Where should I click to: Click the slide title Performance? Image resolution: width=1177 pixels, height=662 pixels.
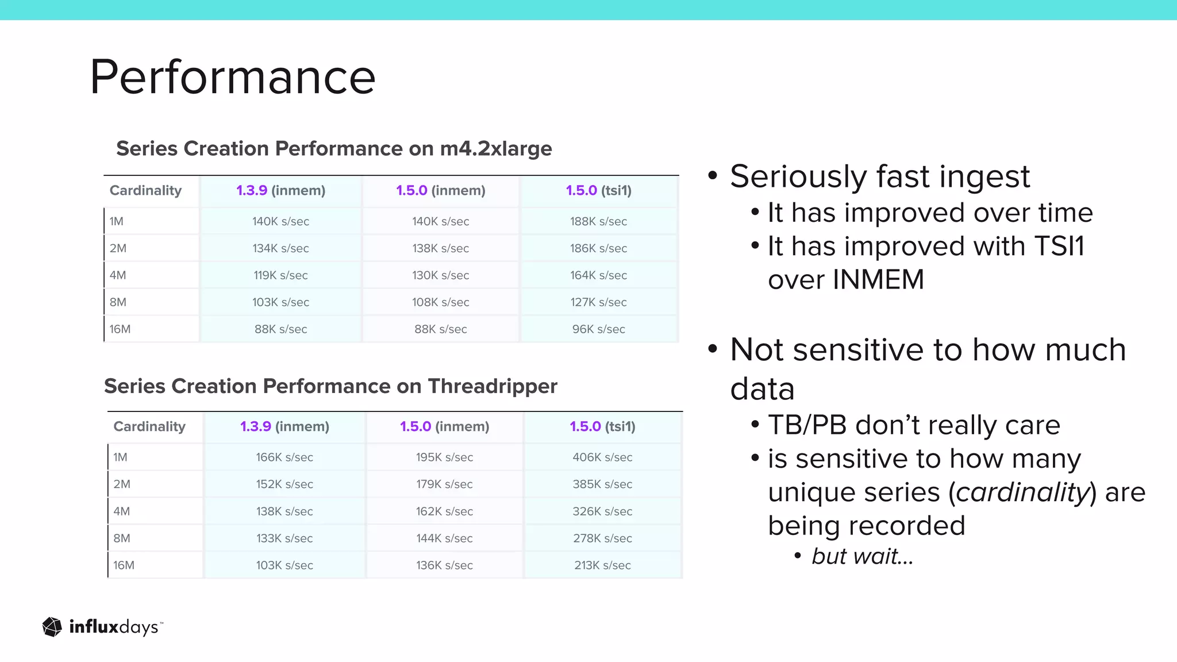(x=233, y=77)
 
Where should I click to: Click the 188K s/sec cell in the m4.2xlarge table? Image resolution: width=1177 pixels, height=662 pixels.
(x=598, y=221)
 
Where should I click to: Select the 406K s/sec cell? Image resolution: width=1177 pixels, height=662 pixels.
(x=602, y=457)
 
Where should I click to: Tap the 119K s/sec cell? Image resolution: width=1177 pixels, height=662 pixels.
(x=280, y=275)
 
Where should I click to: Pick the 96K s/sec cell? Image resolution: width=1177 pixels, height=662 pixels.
(x=598, y=329)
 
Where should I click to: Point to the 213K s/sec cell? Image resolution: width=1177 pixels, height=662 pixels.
(x=602, y=565)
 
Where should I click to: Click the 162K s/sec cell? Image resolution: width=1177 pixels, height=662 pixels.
(x=444, y=511)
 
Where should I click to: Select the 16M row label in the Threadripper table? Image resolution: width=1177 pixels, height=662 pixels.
(x=124, y=565)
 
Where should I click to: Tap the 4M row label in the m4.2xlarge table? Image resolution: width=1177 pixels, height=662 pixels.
(x=118, y=275)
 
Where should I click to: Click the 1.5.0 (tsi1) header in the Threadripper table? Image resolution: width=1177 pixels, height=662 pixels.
(x=602, y=426)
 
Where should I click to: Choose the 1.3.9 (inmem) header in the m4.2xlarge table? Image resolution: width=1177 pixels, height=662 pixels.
(x=280, y=190)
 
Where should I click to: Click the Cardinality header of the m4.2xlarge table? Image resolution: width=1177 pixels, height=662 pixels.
(x=145, y=190)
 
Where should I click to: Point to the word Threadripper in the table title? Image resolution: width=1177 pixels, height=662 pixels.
(x=493, y=386)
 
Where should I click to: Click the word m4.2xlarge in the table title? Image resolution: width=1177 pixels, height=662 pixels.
(x=495, y=149)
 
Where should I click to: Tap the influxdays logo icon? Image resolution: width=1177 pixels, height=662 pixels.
(x=52, y=627)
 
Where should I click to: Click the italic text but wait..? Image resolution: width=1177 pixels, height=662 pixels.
(x=862, y=556)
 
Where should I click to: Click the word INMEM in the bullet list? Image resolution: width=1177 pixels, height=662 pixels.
(x=878, y=280)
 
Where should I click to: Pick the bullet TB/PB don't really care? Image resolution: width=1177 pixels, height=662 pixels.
(x=914, y=425)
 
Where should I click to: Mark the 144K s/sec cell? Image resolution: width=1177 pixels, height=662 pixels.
(x=444, y=538)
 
